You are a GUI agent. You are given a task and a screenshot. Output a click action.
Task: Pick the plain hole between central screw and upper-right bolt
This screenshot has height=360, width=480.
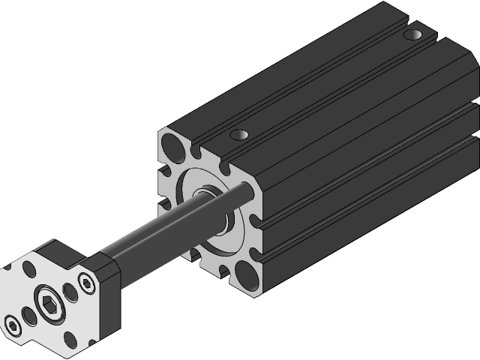click(x=69, y=290)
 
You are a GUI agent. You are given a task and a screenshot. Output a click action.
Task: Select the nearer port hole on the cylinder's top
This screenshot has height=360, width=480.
click(x=238, y=135)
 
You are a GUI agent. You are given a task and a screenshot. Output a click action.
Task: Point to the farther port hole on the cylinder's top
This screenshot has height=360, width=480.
click(x=412, y=34)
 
